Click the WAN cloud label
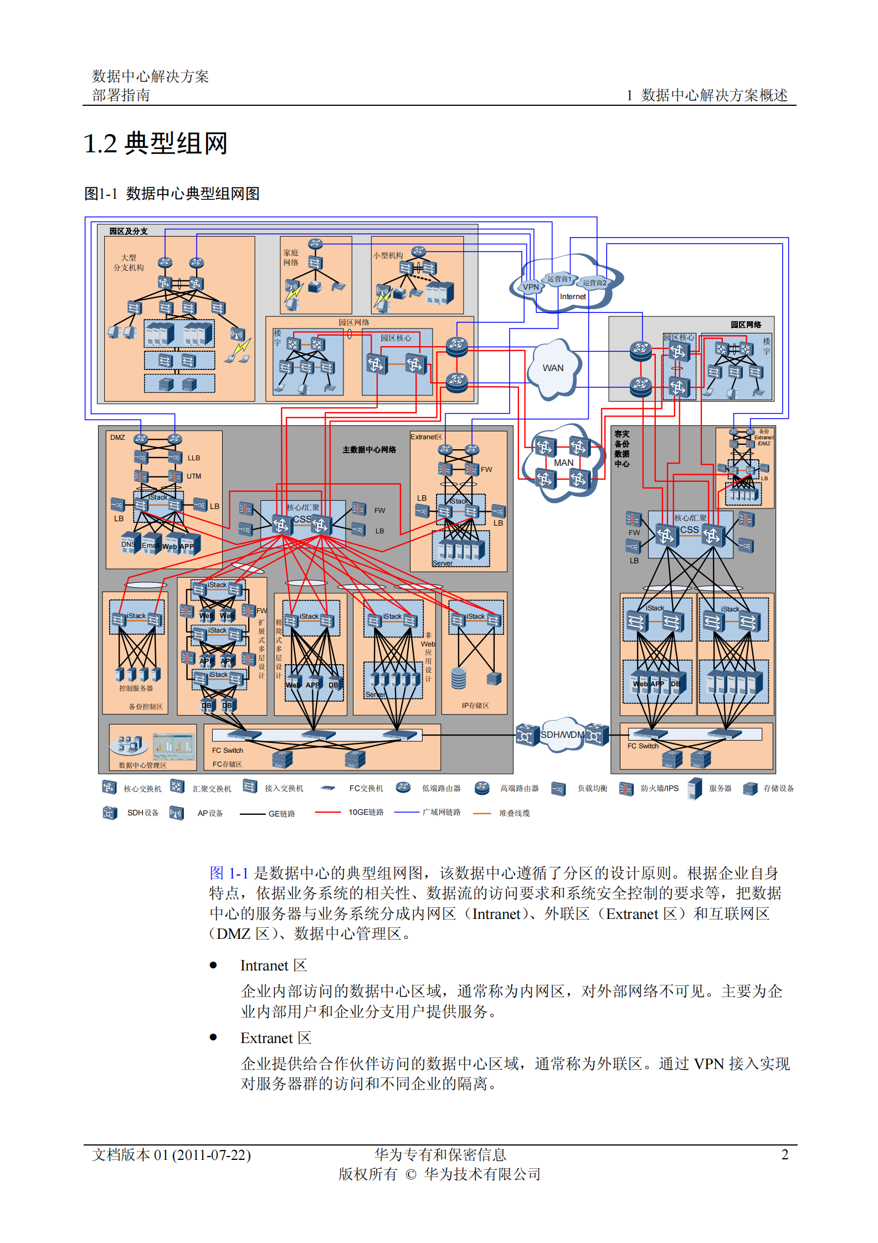[x=552, y=368]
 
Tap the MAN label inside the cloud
[x=563, y=463]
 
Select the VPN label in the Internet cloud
[x=531, y=287]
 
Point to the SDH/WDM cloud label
[x=562, y=735]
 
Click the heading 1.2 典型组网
[x=155, y=143]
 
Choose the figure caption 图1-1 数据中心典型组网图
[x=172, y=194]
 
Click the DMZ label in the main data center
[x=117, y=438]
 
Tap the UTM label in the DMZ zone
[x=194, y=476]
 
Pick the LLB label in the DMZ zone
[x=193, y=458]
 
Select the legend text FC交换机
[x=366, y=788]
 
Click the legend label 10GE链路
[x=366, y=812]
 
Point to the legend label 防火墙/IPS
[x=659, y=788]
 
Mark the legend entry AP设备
[x=210, y=813]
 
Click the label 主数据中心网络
[x=369, y=450]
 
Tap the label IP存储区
[x=475, y=706]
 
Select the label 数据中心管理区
[x=142, y=766]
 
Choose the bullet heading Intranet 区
[x=273, y=965]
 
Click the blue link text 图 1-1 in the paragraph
[x=228, y=874]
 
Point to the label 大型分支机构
[x=129, y=263]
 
